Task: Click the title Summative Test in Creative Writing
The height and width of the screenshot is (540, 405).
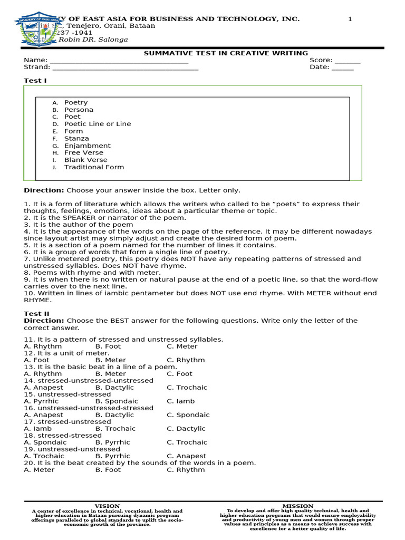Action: [226, 53]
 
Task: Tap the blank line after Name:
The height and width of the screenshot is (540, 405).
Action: [119, 61]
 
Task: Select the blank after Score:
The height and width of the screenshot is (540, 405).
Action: [348, 61]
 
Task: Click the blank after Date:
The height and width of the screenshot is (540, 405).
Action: [343, 67]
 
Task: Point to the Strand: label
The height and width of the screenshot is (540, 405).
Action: [37, 67]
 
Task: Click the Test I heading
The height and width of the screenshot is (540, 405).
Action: [35, 81]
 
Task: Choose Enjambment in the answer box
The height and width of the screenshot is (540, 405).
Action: [87, 146]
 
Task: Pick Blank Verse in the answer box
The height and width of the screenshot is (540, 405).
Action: [85, 160]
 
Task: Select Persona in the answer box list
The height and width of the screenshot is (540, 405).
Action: [79, 110]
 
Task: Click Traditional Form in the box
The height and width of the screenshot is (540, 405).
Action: [94, 167]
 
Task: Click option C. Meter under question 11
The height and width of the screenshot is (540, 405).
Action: [182, 346]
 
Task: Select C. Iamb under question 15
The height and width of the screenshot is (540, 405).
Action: [180, 401]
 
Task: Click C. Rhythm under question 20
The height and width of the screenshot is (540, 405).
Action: [186, 470]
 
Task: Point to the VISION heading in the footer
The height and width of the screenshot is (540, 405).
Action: [107, 506]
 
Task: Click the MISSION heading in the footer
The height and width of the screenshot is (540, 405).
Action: [298, 506]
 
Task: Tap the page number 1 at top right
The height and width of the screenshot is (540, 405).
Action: [350, 19]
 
